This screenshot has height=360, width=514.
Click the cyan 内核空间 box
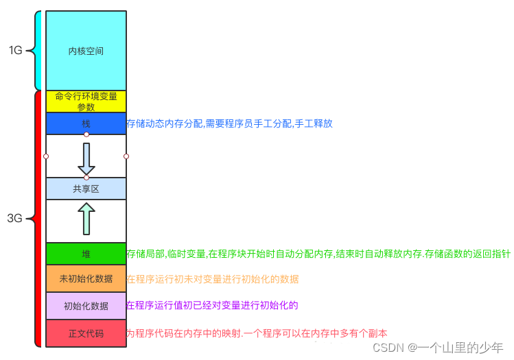coord(86,51)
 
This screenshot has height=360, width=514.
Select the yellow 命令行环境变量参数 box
coord(86,101)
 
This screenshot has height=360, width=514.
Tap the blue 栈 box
coord(86,123)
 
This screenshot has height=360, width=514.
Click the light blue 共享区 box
coord(86,189)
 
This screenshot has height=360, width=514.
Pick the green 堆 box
coord(86,254)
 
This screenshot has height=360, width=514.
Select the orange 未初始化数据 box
coord(86,278)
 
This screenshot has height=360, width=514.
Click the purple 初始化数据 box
coord(86,306)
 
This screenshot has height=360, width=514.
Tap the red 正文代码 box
coord(86,333)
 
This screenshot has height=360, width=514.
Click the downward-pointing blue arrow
coord(86,158)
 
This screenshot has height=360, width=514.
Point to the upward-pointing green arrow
coord(86,219)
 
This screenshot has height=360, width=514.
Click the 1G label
coord(16,50)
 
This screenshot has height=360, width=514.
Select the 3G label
coord(14,219)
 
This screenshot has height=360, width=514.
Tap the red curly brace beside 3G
coord(36,219)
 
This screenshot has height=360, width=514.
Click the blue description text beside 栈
coord(229,124)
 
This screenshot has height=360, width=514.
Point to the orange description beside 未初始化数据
coord(212,279)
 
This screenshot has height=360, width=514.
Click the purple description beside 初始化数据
coord(212,305)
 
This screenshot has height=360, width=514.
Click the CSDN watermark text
coord(433,346)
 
